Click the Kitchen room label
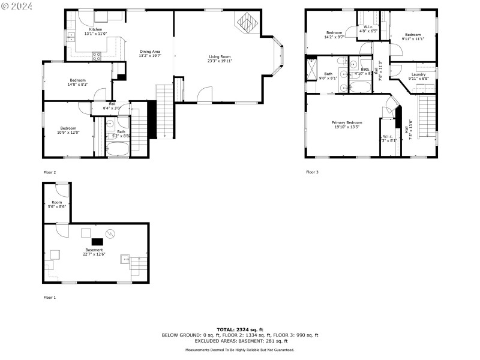click(95, 29)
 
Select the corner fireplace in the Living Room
click(247, 25)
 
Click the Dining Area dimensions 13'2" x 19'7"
click(150, 56)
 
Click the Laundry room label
click(418, 74)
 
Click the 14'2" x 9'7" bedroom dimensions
click(334, 36)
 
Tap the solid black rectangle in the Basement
click(97, 242)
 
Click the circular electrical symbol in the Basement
click(110, 233)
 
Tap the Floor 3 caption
click(312, 172)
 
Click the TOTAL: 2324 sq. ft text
click(239, 329)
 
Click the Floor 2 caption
click(50, 172)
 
